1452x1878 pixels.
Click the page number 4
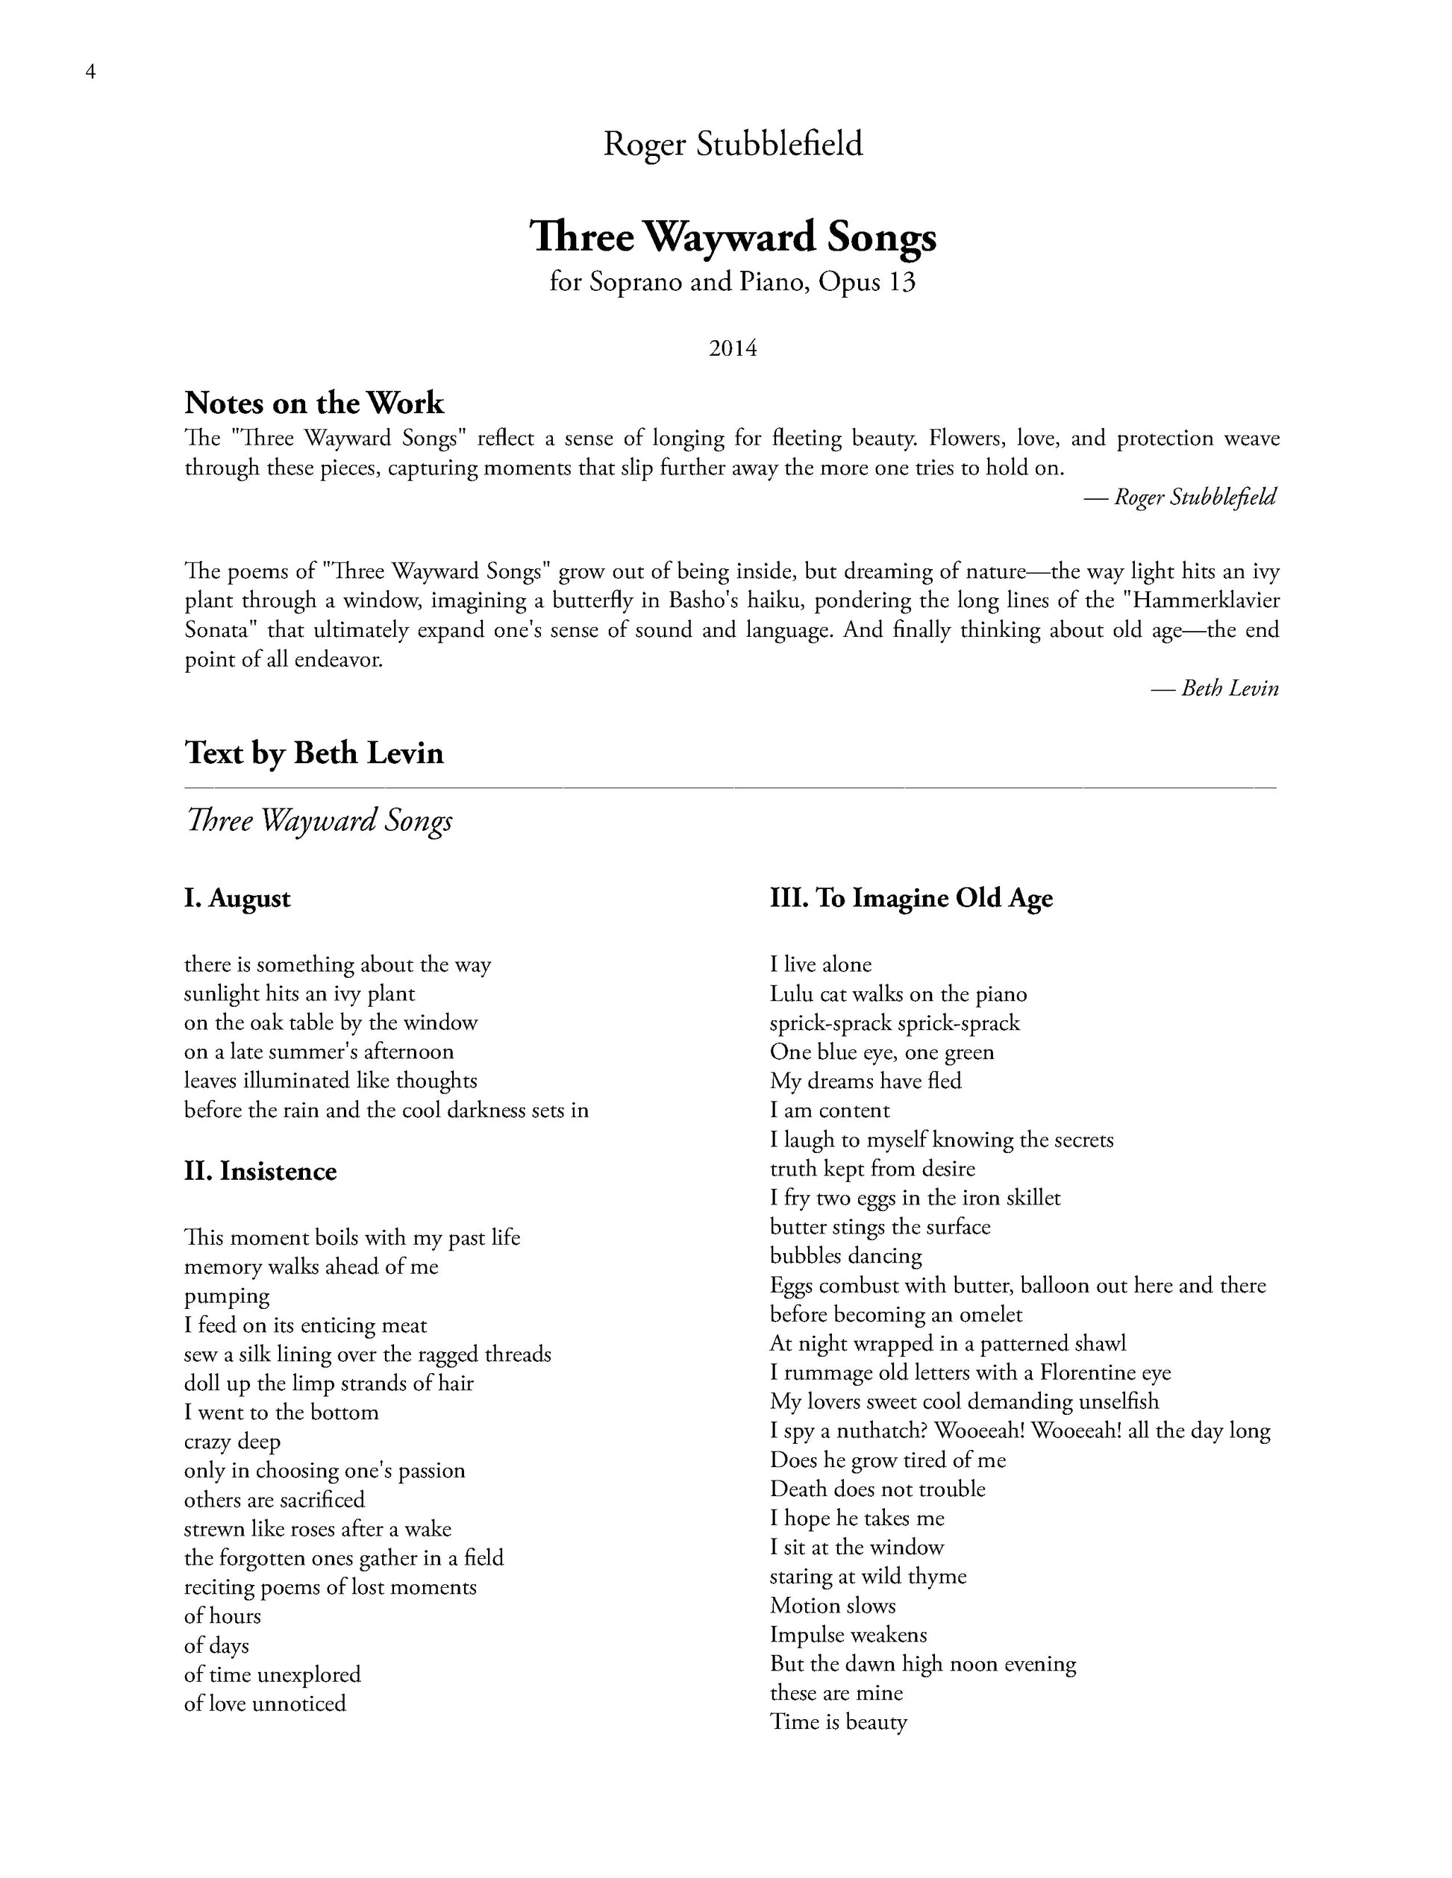(90, 72)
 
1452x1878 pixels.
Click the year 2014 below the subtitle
(732, 348)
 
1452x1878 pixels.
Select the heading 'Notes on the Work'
(314, 403)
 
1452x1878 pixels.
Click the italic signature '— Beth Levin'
(1215, 688)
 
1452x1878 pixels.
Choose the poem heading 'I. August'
(237, 899)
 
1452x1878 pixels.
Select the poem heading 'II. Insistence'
(260, 1171)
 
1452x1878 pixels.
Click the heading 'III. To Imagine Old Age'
(911, 899)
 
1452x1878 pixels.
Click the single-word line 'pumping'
(227, 1297)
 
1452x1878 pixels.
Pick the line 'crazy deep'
(232, 1442)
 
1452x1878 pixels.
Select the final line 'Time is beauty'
(838, 1722)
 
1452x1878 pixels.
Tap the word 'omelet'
(984, 1315)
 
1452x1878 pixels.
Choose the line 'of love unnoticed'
(265, 1703)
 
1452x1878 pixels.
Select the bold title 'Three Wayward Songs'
(733, 237)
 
